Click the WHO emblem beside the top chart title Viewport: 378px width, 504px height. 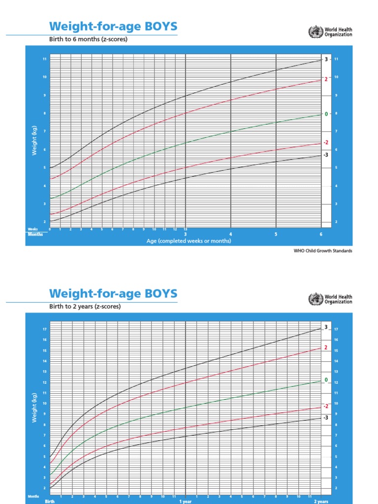click(313, 32)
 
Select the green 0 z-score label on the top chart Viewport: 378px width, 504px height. click(326, 114)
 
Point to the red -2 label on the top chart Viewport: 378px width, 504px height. click(325, 143)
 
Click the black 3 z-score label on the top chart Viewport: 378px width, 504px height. click(326, 60)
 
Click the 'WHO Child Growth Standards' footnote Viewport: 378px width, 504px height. click(322, 251)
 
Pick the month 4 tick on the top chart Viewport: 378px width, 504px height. click(230, 234)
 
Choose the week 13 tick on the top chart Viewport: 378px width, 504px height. click(185, 229)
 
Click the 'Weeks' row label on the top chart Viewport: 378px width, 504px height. click(33, 229)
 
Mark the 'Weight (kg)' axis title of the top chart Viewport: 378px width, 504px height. click(34, 141)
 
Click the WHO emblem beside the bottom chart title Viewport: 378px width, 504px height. click(313, 299)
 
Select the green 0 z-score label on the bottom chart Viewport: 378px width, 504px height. click(326, 380)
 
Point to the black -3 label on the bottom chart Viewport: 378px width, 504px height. click(325, 417)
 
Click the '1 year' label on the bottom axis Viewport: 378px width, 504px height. click(185, 501)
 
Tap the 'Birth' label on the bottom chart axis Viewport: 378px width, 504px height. click(50, 501)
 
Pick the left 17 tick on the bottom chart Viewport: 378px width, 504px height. click(45, 329)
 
